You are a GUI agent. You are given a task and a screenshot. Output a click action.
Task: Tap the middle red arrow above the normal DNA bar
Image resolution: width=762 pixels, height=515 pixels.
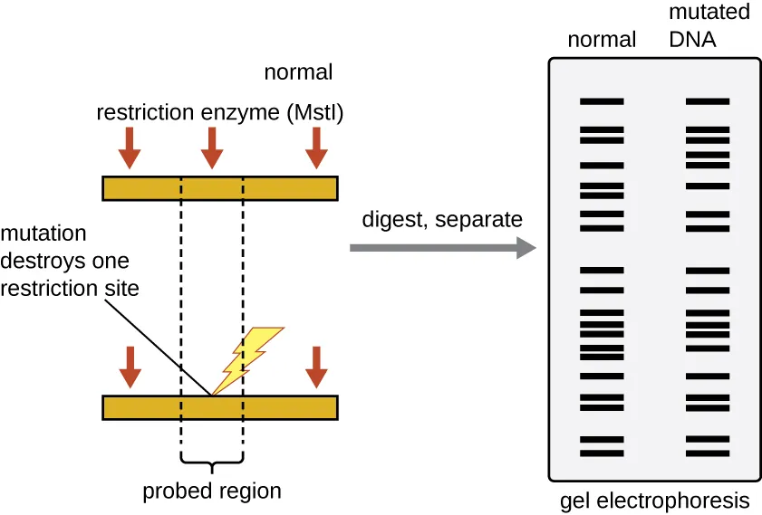click(211, 147)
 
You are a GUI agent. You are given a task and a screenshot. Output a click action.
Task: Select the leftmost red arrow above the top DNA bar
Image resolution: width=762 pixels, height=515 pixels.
click(130, 147)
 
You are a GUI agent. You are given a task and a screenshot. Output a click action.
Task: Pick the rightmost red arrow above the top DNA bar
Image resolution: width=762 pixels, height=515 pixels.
click(316, 147)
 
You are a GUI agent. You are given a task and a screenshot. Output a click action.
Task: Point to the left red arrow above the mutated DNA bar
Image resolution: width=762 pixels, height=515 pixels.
click(130, 367)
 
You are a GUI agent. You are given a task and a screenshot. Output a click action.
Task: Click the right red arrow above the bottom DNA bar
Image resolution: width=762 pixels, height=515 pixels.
click(316, 367)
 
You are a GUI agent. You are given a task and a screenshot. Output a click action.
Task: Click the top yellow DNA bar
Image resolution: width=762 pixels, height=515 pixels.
click(220, 187)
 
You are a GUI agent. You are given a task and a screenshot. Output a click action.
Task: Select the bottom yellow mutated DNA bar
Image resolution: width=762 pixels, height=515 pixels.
click(220, 407)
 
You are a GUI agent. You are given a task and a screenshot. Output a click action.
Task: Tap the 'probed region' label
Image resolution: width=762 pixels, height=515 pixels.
click(212, 491)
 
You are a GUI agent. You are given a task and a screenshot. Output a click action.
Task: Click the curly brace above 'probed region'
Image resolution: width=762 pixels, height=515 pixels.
click(212, 465)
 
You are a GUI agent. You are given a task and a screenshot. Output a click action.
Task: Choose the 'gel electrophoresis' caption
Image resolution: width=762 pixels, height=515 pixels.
click(655, 501)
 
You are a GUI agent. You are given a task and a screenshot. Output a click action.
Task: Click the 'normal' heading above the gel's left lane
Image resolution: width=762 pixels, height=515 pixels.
click(602, 40)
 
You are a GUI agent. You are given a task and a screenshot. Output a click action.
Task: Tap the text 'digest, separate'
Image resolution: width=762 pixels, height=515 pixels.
click(442, 219)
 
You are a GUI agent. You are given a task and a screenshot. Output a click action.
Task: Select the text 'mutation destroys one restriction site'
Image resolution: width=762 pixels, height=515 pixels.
click(64, 262)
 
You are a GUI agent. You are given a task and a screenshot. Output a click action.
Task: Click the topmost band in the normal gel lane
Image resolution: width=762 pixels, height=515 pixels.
click(602, 101)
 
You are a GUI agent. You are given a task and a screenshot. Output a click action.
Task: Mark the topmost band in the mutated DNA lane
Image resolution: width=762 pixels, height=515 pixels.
click(708, 101)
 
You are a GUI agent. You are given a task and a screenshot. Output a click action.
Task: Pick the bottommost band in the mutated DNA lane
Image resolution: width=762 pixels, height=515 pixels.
click(708, 452)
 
